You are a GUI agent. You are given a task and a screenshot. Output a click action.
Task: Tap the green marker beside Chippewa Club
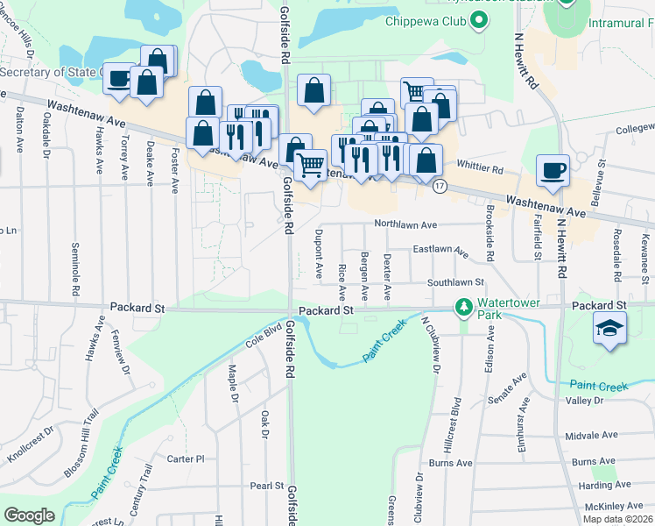pyautogui.click(x=479, y=23)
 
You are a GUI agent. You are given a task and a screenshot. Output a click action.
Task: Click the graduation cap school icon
pyautogui.click(x=609, y=329)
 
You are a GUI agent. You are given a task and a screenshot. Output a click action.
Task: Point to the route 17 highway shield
pyautogui.click(x=440, y=186)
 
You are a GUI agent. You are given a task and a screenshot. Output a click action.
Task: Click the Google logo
pyautogui.click(x=29, y=515)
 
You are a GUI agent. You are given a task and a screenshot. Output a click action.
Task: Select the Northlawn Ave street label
pyautogui.click(x=405, y=224)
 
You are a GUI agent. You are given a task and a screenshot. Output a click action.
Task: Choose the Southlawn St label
pyautogui.click(x=455, y=283)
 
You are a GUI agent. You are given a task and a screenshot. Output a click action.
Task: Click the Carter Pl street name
pyautogui.click(x=185, y=458)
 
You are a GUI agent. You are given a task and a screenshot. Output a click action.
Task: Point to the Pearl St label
pyautogui.click(x=266, y=485)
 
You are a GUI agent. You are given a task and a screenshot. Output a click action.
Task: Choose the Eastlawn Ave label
pyautogui.click(x=440, y=250)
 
